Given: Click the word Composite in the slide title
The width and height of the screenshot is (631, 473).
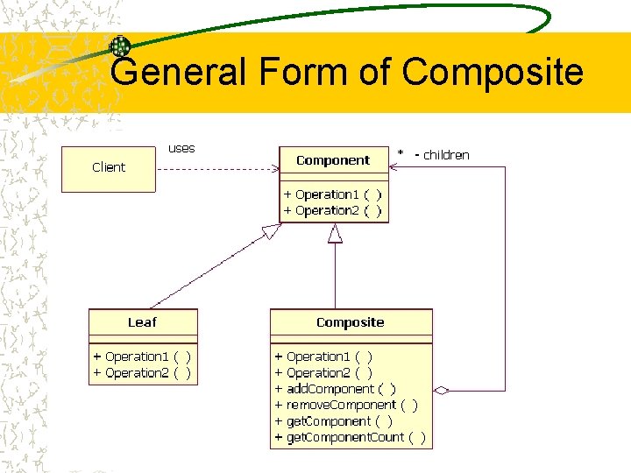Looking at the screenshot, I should click(493, 72).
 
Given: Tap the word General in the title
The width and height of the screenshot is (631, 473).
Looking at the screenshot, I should click(180, 72).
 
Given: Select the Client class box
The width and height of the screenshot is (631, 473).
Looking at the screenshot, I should click(108, 167).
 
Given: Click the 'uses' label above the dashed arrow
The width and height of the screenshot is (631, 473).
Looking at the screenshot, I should click(181, 148).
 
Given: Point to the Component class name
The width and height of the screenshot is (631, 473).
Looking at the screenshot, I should click(333, 160).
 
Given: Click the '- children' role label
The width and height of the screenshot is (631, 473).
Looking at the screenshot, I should click(442, 155).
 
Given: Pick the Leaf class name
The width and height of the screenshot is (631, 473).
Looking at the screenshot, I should click(142, 322).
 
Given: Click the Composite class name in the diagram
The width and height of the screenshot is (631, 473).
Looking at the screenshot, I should click(350, 322).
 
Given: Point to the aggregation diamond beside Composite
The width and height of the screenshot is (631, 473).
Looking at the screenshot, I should click(442, 391).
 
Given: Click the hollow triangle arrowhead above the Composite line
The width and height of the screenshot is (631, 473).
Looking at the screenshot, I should click(335, 234).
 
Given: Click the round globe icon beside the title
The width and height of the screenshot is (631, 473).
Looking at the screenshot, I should click(120, 46).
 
